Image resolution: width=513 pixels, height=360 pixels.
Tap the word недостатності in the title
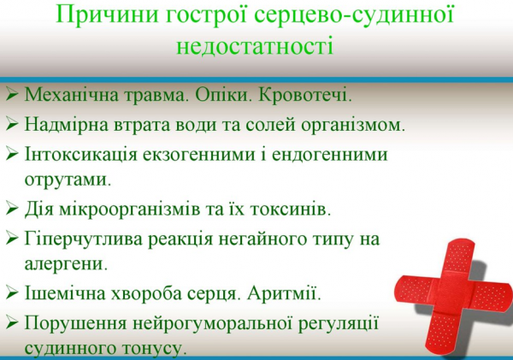(256, 44)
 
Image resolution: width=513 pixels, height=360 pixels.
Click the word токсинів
(289, 208)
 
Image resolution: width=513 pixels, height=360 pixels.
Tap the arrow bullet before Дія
(12, 208)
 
